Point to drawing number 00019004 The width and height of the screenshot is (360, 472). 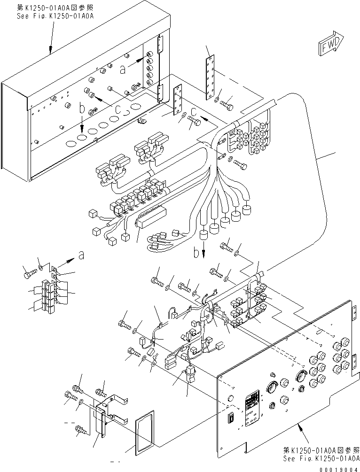pos(337,468)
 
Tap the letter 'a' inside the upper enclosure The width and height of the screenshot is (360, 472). pos(123,70)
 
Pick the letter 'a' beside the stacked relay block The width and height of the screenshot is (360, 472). pos(81,255)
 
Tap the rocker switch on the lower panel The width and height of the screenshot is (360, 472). pos(230,417)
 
